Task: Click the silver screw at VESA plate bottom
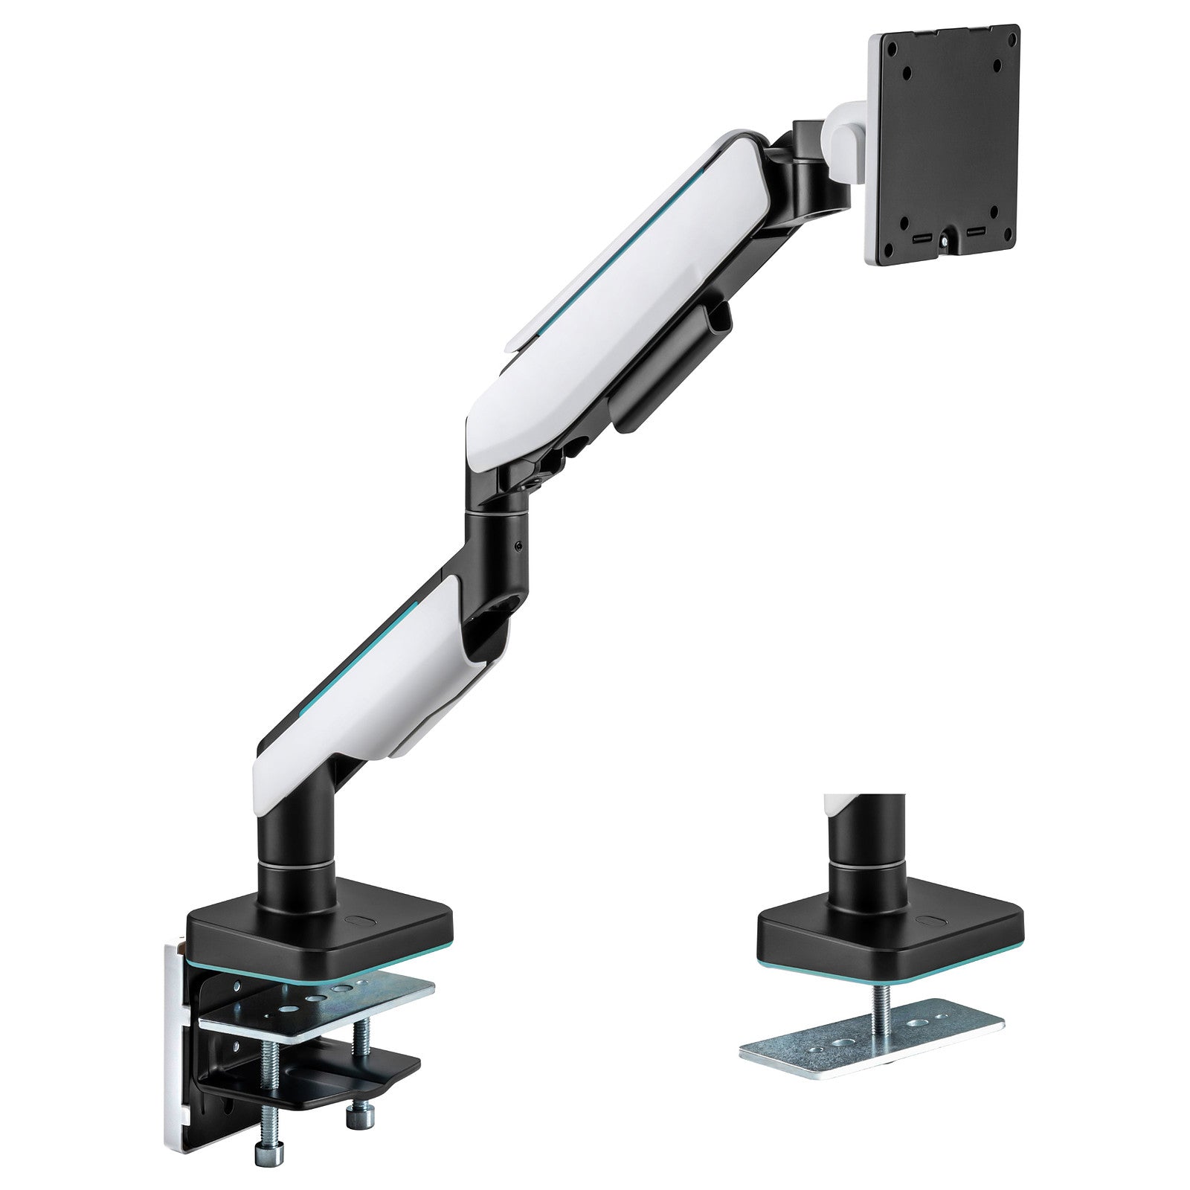(x=945, y=242)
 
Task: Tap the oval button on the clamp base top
(x=364, y=919)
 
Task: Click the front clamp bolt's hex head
(x=266, y=1154)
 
